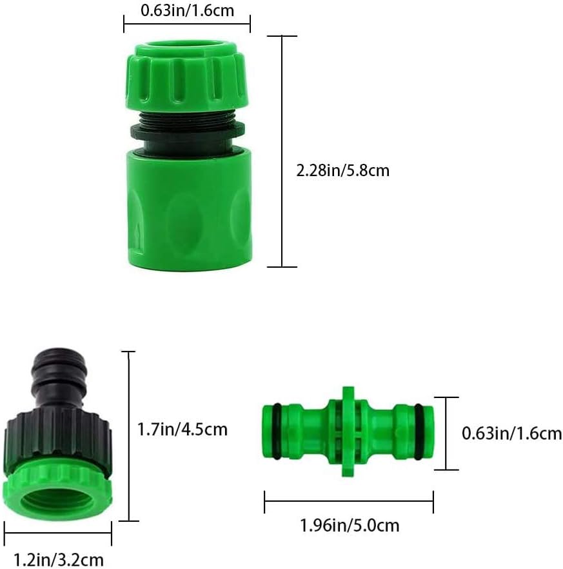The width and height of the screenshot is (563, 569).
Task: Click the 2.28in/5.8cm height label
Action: point(342,171)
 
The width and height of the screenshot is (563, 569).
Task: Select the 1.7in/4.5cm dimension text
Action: point(183,429)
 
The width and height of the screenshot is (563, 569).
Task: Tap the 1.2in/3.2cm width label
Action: point(59,559)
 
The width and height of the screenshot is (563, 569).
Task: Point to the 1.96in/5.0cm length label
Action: point(350,525)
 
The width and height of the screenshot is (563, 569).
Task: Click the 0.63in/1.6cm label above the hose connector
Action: point(186,10)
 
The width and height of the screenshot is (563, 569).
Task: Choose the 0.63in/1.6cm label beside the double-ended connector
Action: point(511,434)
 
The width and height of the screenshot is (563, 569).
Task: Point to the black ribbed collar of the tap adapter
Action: point(59,439)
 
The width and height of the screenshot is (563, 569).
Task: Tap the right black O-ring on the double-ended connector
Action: point(420,432)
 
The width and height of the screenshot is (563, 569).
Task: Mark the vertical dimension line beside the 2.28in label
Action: point(282,152)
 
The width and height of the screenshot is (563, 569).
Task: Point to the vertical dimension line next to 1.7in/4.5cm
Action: point(129,435)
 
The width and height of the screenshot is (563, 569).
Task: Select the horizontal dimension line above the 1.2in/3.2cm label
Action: point(59,533)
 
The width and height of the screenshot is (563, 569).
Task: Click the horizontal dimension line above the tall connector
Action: point(186,25)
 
